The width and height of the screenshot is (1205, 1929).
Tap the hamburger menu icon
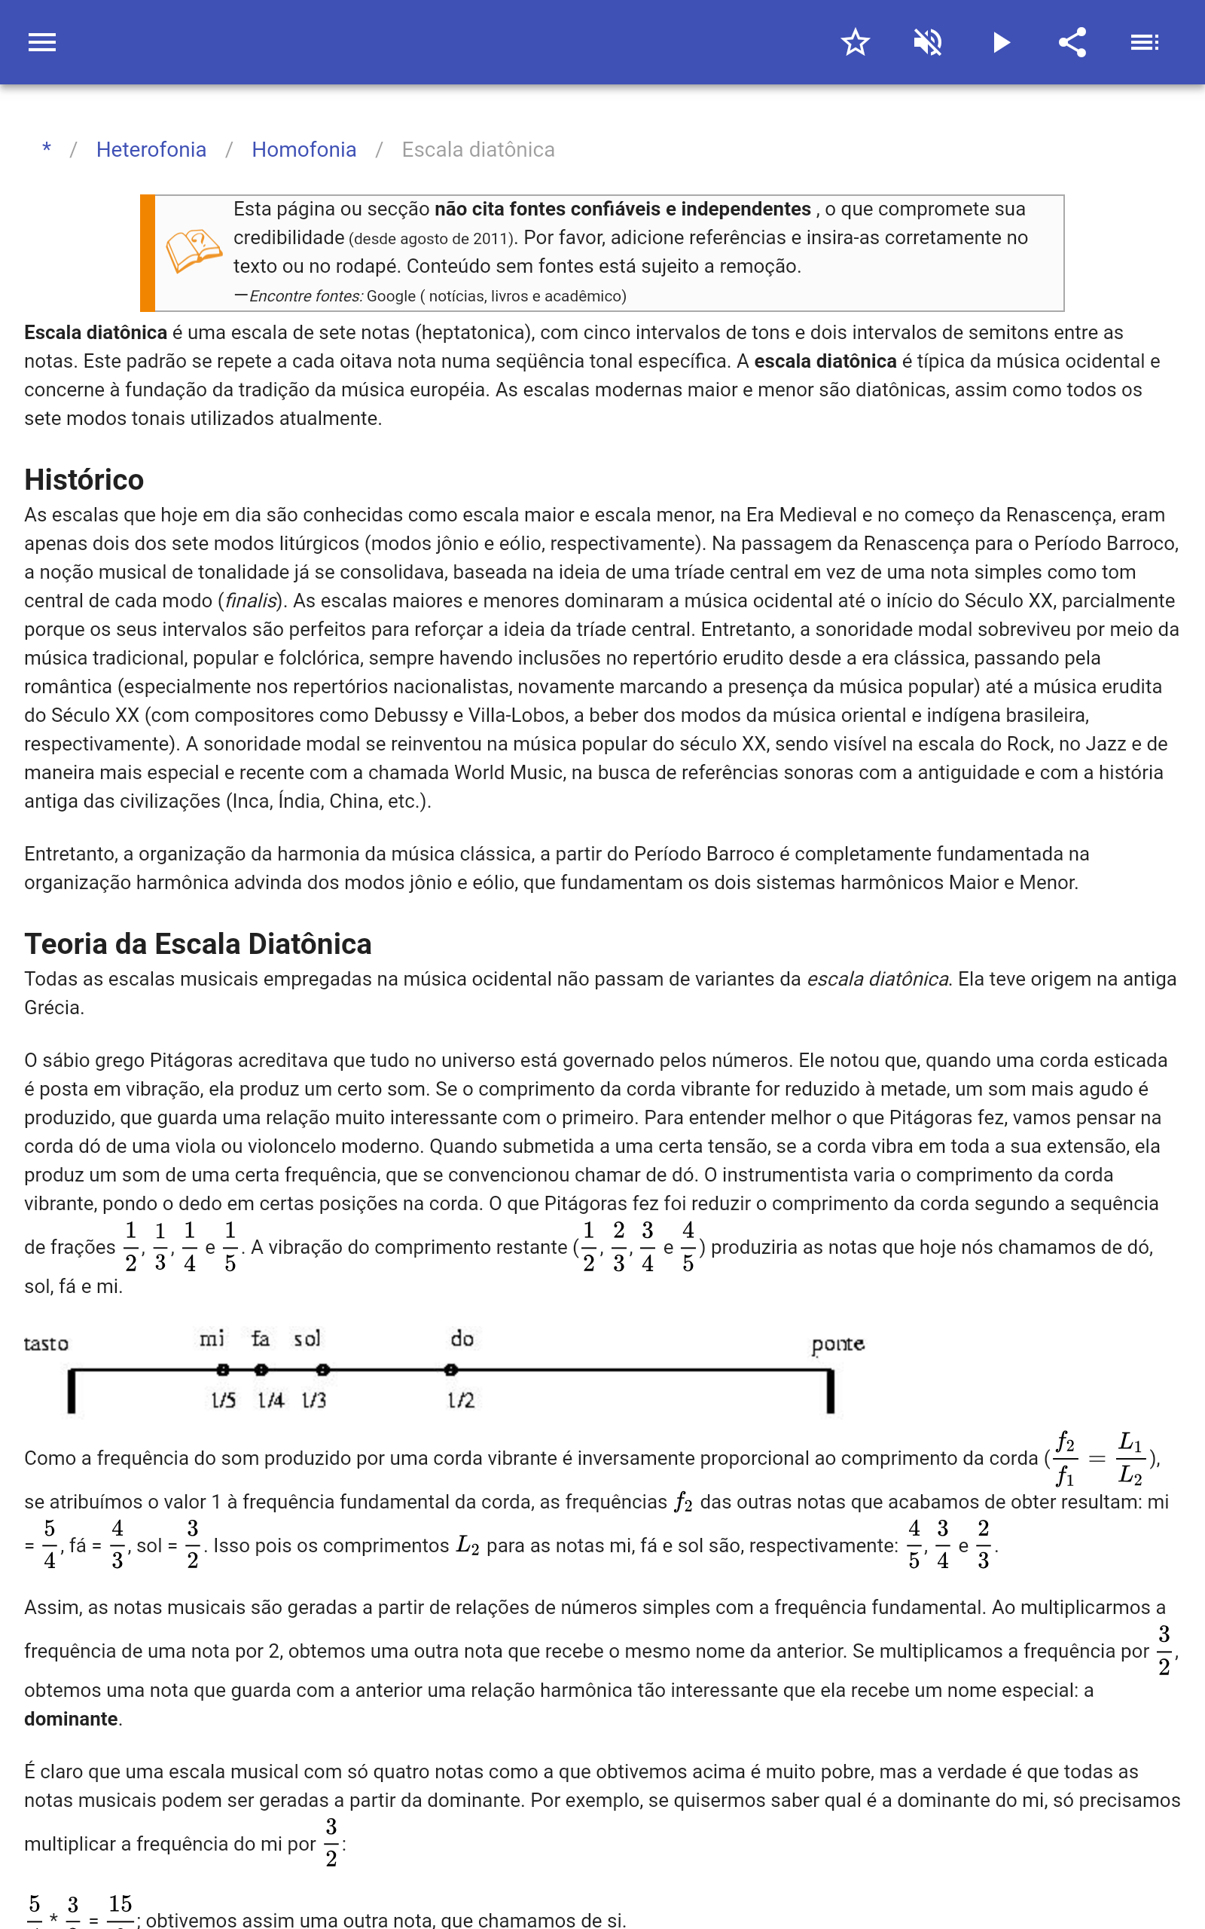click(42, 42)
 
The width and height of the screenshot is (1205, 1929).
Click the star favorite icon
click(855, 42)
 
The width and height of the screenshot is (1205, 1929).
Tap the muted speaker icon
click(928, 42)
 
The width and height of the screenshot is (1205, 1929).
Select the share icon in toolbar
click(1072, 42)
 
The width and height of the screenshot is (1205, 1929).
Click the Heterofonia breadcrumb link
click(151, 150)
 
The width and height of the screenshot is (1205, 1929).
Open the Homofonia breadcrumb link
click(304, 150)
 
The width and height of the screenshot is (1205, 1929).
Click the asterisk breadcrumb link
click(47, 149)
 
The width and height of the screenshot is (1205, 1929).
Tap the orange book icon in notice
click(193, 251)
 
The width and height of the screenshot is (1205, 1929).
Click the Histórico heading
click(84, 480)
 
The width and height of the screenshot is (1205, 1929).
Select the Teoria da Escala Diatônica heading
click(197, 943)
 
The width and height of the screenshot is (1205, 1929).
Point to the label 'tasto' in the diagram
click(46, 1344)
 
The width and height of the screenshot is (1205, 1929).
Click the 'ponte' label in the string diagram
click(837, 1344)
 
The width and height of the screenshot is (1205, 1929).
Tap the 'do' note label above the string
click(462, 1338)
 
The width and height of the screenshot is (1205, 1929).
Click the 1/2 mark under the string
click(461, 1400)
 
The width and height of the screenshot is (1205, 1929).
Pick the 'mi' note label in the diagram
click(212, 1338)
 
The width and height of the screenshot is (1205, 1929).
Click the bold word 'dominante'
click(71, 1719)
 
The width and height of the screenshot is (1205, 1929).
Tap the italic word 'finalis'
click(250, 601)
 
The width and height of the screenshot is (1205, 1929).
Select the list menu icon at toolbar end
click(1145, 42)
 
